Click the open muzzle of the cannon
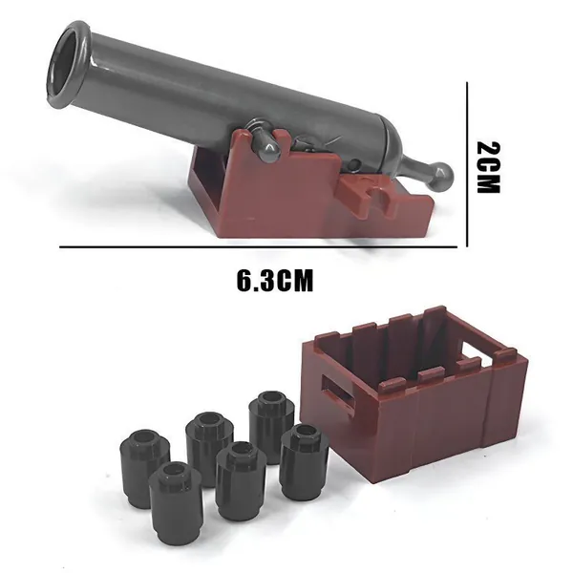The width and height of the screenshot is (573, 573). (69, 62)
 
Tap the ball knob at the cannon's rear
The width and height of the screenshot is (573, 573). (442, 177)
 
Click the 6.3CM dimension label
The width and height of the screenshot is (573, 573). (275, 281)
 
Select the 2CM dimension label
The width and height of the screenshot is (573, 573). (488, 167)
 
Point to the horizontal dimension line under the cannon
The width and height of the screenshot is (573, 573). (258, 247)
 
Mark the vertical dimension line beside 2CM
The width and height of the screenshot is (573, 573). (467, 165)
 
